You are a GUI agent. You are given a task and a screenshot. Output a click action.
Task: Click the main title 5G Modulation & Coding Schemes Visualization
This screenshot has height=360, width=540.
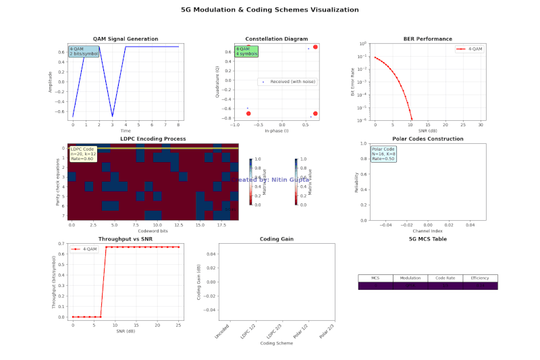coord(270,9)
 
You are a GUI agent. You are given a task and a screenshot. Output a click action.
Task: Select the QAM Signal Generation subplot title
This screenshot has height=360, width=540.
coord(125,39)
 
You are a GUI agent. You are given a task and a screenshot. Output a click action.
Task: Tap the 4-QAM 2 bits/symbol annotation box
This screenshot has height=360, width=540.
coord(84,51)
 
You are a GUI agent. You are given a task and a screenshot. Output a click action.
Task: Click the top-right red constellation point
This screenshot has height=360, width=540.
coord(315,47)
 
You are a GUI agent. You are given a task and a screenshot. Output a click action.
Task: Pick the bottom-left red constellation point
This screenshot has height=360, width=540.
coord(248,113)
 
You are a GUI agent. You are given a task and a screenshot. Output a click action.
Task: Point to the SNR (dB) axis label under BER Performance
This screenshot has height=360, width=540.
coord(427,130)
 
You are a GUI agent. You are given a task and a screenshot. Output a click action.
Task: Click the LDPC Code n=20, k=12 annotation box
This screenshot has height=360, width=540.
coord(82,153)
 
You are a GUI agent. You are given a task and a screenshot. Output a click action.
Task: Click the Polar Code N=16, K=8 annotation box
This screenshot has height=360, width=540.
coord(383,153)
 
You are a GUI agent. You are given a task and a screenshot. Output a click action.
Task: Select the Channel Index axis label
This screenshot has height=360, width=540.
coord(427,231)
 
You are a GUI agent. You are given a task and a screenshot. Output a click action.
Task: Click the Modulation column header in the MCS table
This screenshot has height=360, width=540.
coord(410,278)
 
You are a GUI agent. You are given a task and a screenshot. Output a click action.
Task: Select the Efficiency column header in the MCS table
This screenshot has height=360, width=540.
coord(480,278)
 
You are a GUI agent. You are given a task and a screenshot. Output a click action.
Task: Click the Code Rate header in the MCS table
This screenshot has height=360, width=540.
coord(445,278)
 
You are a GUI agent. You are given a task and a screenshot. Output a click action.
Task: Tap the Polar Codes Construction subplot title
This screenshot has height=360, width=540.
coord(427,138)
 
